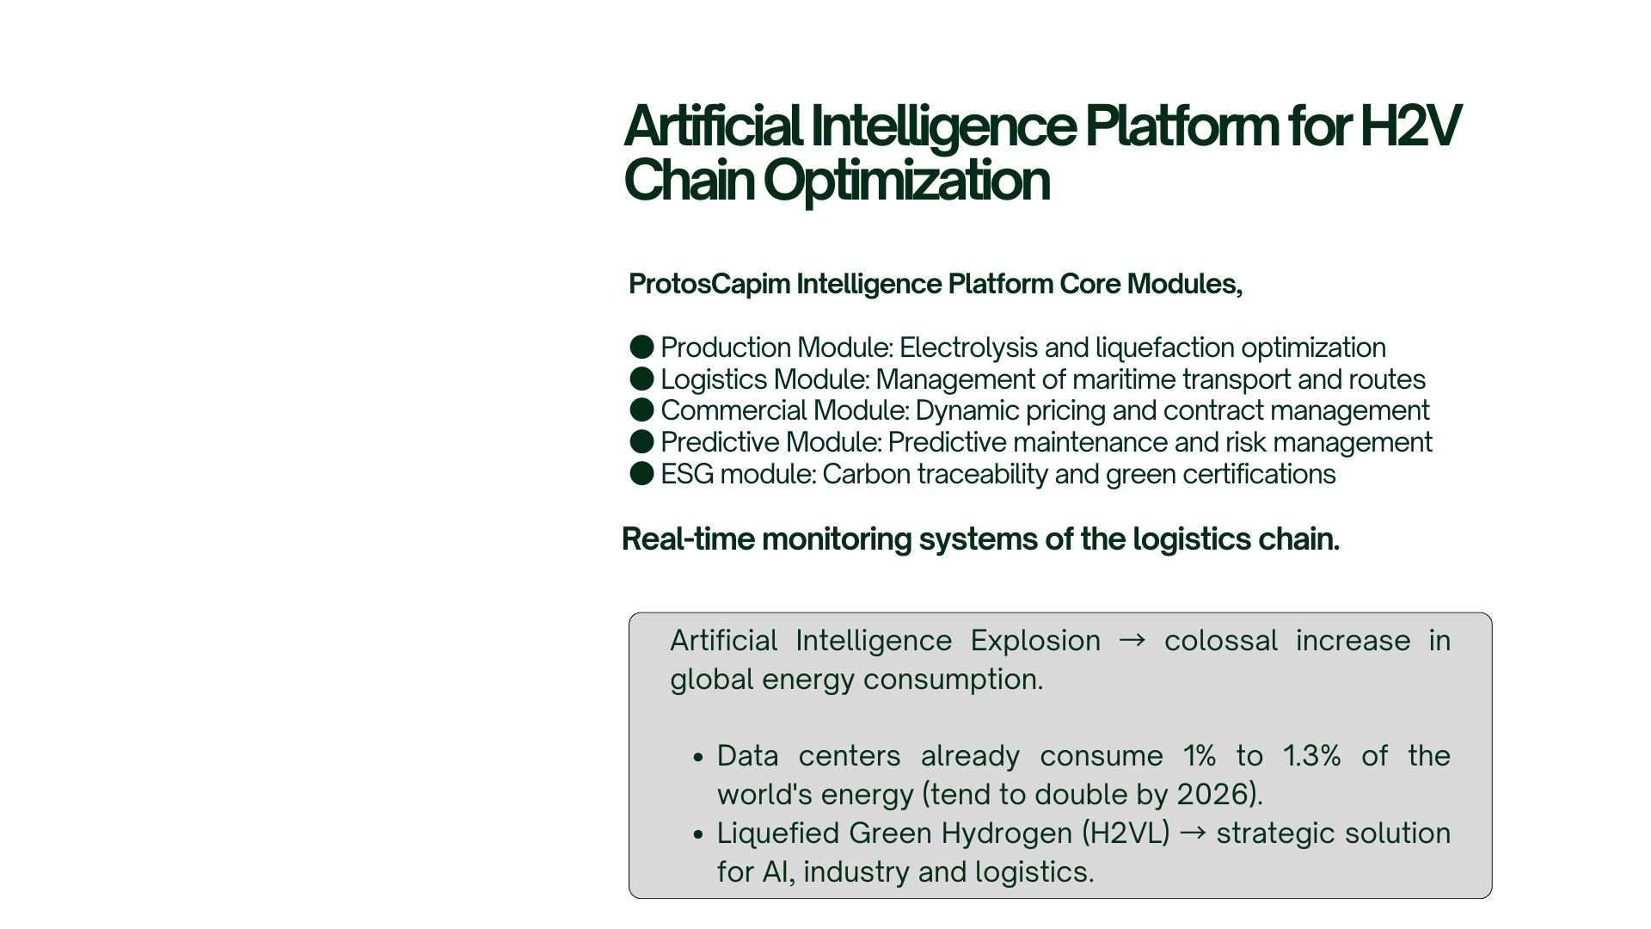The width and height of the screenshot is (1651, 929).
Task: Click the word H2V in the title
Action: [1410, 126]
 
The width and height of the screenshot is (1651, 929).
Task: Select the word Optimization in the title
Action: [906, 181]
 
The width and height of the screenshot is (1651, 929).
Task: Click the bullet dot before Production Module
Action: [641, 348]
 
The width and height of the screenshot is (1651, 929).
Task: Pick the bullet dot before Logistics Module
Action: [641, 379]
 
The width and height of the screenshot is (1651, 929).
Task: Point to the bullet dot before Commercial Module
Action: [641, 410]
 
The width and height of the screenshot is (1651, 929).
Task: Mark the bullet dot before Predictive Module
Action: [641, 442]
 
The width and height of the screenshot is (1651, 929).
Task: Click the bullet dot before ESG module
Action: [641, 474]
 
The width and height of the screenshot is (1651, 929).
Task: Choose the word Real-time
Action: [689, 539]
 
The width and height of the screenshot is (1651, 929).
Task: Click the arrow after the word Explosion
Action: [1132, 641]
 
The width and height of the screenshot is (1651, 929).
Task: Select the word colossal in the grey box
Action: [1221, 641]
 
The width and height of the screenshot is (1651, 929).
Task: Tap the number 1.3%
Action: [1311, 756]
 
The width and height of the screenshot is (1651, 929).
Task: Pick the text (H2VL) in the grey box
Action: [1126, 834]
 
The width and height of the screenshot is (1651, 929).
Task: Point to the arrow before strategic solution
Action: [1193, 834]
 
